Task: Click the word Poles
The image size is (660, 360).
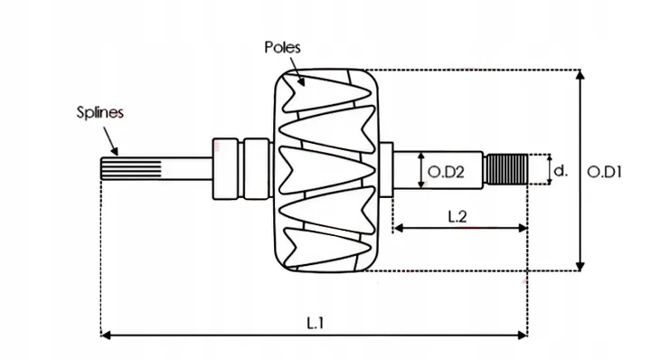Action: (x=282, y=46)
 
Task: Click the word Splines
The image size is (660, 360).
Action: (x=99, y=113)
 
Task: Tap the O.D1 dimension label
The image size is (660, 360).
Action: (x=608, y=170)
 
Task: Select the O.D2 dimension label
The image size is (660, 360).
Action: (x=446, y=171)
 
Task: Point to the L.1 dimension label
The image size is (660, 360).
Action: (x=314, y=321)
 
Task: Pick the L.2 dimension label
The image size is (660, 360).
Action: (x=457, y=215)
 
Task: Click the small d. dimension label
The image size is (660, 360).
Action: (x=561, y=170)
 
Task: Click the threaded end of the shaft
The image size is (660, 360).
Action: (x=506, y=169)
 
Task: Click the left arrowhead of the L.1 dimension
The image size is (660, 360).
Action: (x=105, y=336)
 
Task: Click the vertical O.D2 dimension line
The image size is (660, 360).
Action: (x=422, y=170)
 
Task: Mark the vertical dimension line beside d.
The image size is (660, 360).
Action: (x=549, y=169)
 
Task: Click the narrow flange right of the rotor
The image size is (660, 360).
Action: (x=385, y=169)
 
